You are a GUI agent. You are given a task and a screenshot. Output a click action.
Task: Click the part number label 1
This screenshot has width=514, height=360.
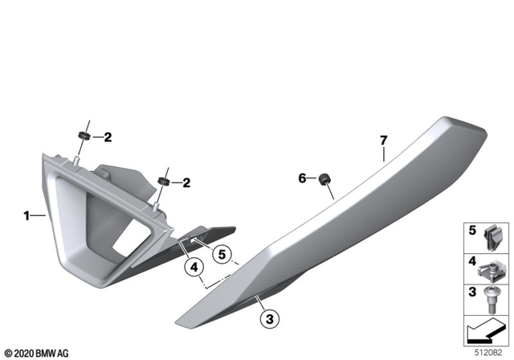coord(27,215)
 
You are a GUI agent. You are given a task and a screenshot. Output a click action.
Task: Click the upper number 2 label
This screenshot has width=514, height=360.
coord(107,137)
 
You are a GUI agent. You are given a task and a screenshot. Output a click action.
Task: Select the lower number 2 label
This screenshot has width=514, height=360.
coord(186,182)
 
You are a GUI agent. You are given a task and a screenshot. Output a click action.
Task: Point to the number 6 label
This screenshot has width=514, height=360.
coord(303,178)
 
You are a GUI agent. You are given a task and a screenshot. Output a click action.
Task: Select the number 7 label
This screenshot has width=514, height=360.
coord(384,141)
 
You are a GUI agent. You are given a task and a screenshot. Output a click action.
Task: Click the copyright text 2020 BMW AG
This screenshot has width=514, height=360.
coord(36,351)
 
